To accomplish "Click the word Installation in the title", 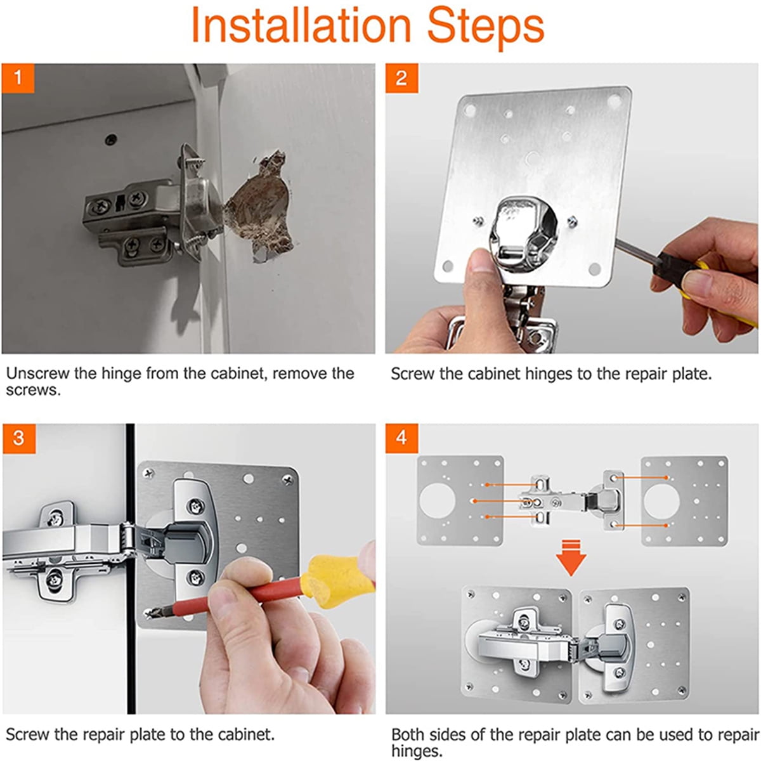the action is pos(301,25).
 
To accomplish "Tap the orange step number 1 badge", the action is pos(18,78).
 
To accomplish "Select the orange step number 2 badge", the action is pos(401,78).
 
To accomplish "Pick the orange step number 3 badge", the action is pos(19,438).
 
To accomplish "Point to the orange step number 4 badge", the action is pos(402,438).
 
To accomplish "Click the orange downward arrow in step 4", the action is pos(571,557).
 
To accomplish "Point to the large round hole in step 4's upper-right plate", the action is pos(661,501).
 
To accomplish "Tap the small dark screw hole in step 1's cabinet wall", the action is pos(112,139).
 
